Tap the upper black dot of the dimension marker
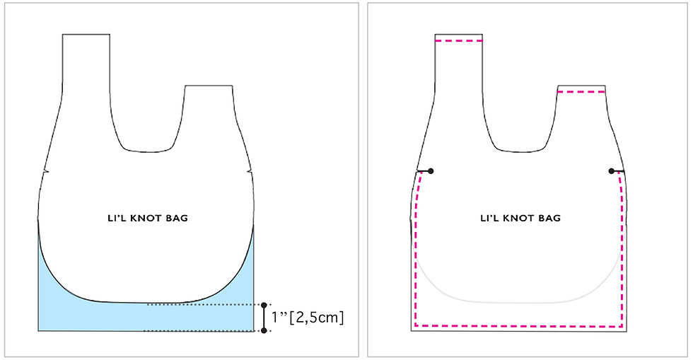(x=264, y=305)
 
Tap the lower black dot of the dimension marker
(x=264, y=330)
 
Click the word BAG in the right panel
(x=550, y=219)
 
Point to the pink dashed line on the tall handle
(x=459, y=41)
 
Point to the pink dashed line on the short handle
(x=581, y=91)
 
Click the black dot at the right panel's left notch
(x=431, y=170)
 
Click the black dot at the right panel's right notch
(x=611, y=170)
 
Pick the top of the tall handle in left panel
(x=86, y=34)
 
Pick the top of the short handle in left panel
(x=209, y=86)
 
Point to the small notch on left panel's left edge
(x=45, y=170)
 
